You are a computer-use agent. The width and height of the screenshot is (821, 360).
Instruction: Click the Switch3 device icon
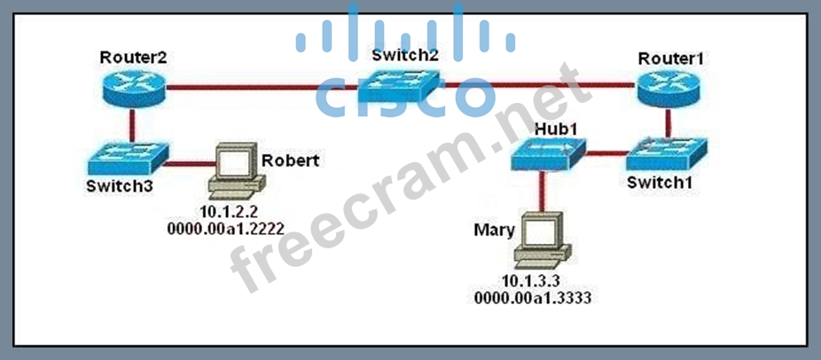123,160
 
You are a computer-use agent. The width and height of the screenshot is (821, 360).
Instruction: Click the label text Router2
134,59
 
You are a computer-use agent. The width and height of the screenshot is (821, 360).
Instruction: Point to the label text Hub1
556,129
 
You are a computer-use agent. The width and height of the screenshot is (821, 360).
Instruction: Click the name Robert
290,161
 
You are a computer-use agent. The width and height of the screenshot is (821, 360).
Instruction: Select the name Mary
495,230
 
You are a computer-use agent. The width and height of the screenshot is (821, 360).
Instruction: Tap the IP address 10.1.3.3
543,282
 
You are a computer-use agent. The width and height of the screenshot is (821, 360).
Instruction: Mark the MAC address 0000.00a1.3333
543,299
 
